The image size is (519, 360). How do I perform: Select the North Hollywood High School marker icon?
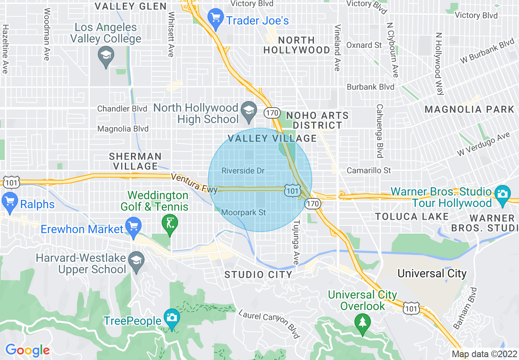(x=248, y=110)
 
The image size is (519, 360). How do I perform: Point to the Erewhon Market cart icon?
(x=133, y=226)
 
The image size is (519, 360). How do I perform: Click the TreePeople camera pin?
(x=171, y=317)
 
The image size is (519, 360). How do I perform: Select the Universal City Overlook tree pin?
(x=362, y=322)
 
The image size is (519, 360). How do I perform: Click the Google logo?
(x=27, y=350)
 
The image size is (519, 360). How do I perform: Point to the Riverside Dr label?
(x=243, y=171)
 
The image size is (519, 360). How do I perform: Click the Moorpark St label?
(x=244, y=213)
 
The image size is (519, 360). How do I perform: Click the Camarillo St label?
(x=369, y=171)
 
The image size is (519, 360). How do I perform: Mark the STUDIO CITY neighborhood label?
(x=258, y=274)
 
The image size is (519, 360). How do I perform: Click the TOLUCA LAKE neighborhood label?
(x=412, y=216)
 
